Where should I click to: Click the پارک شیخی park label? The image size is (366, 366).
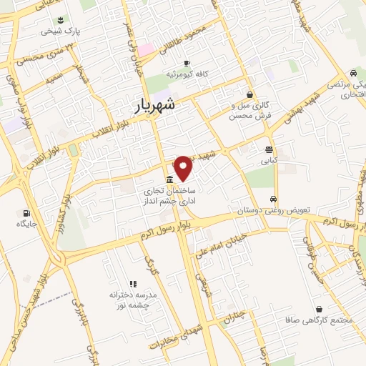(57, 31)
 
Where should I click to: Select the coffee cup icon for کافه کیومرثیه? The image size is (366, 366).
(187, 63)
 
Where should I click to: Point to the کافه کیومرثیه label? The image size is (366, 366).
(187, 74)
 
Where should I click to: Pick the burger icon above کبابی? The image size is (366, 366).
(269, 150)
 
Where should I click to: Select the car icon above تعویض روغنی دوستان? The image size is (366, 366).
(273, 199)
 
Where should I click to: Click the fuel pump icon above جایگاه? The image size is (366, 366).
(27, 212)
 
